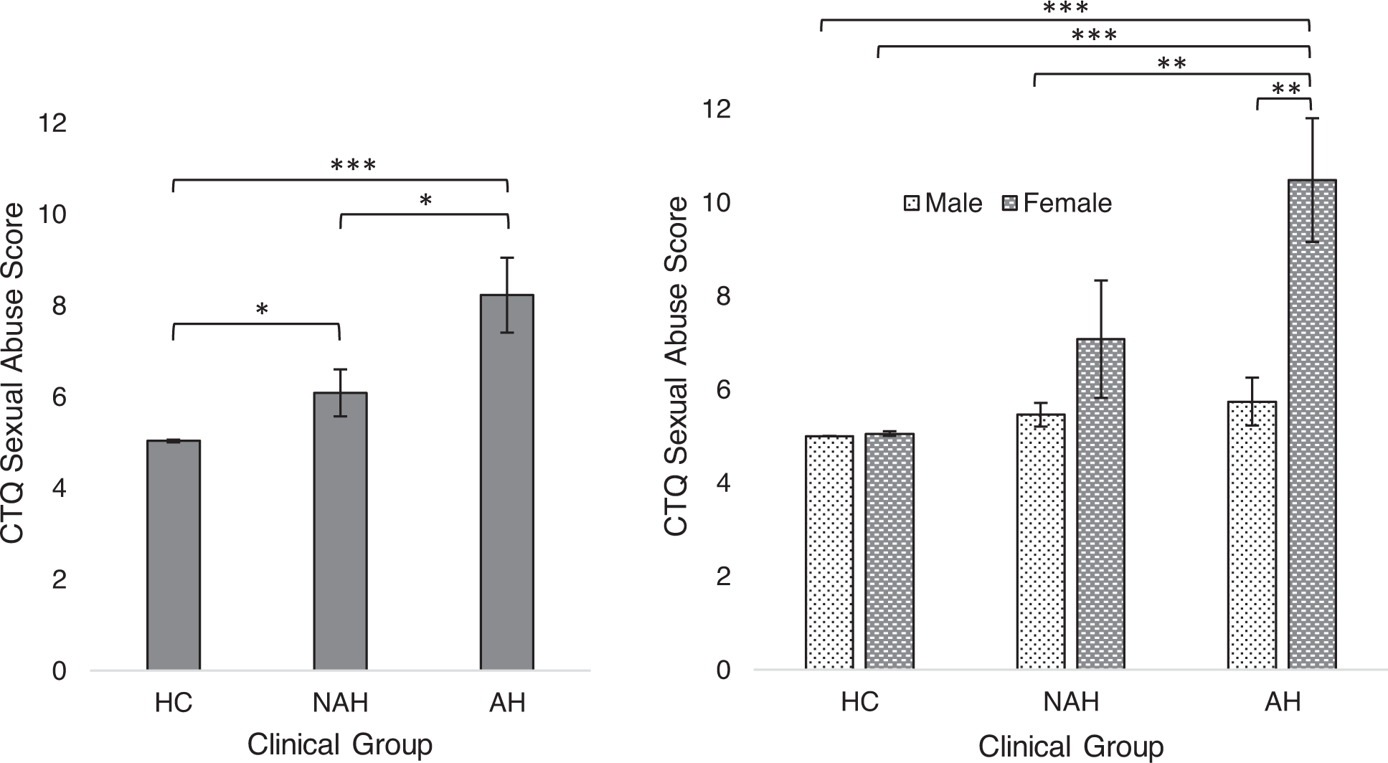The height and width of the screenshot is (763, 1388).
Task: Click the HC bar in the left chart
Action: coord(174,556)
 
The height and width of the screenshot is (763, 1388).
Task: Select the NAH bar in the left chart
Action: coord(340,531)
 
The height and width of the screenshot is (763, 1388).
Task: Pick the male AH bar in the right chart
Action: coord(1252,535)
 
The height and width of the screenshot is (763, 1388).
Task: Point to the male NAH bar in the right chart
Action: coord(1040,541)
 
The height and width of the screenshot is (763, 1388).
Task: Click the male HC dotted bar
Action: coord(829,552)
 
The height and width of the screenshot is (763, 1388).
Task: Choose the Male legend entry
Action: coord(944,204)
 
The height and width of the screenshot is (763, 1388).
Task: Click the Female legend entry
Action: coord(1057,204)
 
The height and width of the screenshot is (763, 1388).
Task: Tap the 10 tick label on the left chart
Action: coord(52,214)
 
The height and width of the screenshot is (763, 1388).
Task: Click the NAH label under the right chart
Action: coord(1071,702)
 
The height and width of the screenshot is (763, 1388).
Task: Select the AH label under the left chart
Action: coord(507,703)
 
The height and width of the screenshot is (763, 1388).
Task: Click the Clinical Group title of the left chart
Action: coord(340,744)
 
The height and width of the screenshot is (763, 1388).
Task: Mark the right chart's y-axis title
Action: coord(676,367)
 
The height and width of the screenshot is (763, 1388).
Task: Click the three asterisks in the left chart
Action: coord(353,166)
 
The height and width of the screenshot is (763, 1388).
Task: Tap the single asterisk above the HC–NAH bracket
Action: coord(262,310)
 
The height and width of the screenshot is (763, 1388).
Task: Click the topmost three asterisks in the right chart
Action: coord(1065,9)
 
